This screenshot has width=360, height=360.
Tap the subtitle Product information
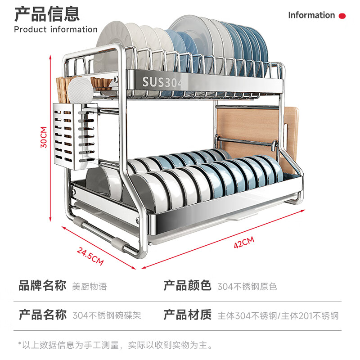click(x=55, y=30)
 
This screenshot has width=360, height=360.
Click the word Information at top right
click(x=311, y=15)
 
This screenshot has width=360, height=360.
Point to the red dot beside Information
click(x=342, y=16)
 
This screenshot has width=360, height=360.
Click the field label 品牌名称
click(x=42, y=286)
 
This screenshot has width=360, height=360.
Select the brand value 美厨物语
click(x=90, y=286)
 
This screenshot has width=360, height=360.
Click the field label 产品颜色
click(x=187, y=286)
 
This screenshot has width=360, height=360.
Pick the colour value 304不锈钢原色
click(x=247, y=286)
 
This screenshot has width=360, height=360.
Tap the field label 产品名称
click(x=42, y=315)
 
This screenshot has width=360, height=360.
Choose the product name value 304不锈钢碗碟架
click(x=107, y=315)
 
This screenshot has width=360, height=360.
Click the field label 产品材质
click(x=187, y=315)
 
